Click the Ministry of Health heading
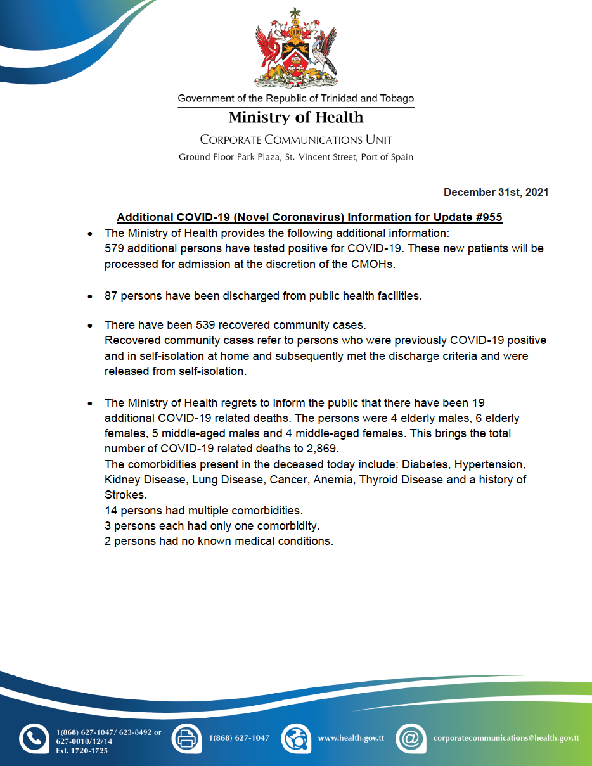295,118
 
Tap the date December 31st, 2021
496,192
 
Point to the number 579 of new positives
114,248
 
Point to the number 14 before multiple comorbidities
111,511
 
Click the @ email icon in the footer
409,738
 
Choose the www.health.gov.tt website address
351,738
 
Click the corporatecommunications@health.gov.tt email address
505,738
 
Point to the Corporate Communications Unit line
295,139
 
